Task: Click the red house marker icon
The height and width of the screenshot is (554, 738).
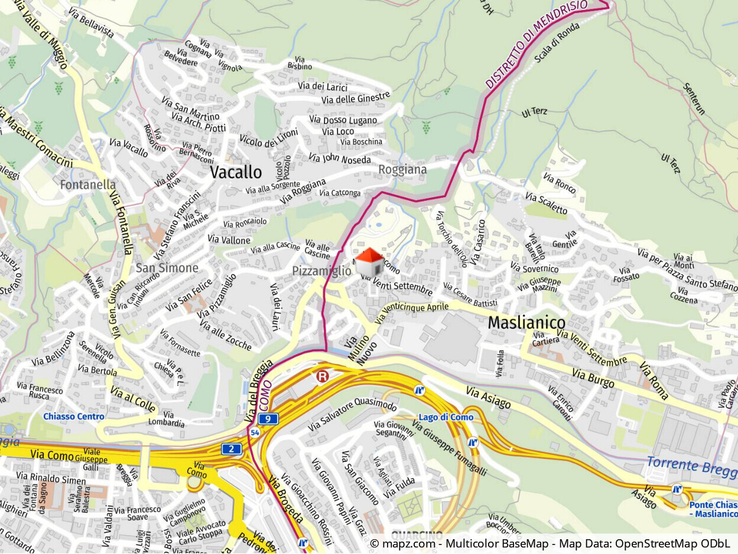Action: pos(369,261)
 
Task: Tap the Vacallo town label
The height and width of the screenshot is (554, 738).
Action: pos(236,172)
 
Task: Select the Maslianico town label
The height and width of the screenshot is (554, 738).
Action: pos(526,323)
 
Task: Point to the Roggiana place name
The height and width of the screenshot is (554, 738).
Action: pos(402,170)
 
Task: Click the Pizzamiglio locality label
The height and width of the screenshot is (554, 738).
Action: pos(321,271)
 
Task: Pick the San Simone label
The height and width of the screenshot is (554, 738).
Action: pos(167,268)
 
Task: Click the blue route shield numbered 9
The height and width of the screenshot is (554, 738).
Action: pos(268,419)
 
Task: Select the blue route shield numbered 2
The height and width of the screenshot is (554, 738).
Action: pos(232,449)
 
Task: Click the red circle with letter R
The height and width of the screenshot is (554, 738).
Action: pos(322,376)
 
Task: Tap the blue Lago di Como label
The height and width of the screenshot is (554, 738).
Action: pos(446,418)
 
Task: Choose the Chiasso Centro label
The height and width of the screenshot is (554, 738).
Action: pos(73,416)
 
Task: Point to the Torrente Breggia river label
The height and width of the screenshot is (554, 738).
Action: pos(691,467)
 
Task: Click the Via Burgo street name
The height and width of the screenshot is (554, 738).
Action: pos(593,379)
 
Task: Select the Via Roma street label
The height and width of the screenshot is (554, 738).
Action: pos(653,382)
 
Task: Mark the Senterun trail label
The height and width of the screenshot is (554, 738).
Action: pos(694,98)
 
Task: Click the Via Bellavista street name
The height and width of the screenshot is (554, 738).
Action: pos(91,23)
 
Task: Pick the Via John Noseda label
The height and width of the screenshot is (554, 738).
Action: pos(340,159)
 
